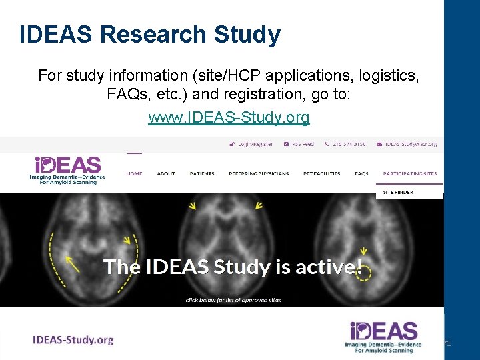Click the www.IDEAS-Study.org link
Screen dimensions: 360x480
[x=229, y=118]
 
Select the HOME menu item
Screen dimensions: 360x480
[x=134, y=174]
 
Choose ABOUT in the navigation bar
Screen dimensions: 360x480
[x=166, y=174]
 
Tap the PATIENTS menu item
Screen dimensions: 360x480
[x=202, y=174]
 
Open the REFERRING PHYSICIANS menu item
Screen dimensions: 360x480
[x=259, y=174]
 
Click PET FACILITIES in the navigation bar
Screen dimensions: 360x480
[x=321, y=174]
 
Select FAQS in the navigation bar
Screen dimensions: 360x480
[x=361, y=174]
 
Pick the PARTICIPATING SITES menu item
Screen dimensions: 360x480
[x=410, y=174]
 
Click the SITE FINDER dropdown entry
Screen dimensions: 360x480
[x=398, y=192]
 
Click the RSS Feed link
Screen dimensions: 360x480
[x=298, y=143]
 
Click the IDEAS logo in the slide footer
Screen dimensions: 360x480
[x=384, y=337]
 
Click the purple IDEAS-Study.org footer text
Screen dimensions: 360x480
[x=73, y=340]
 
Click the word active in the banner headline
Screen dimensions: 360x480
[x=326, y=267]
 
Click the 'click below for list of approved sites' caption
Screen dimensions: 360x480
[x=233, y=300]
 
